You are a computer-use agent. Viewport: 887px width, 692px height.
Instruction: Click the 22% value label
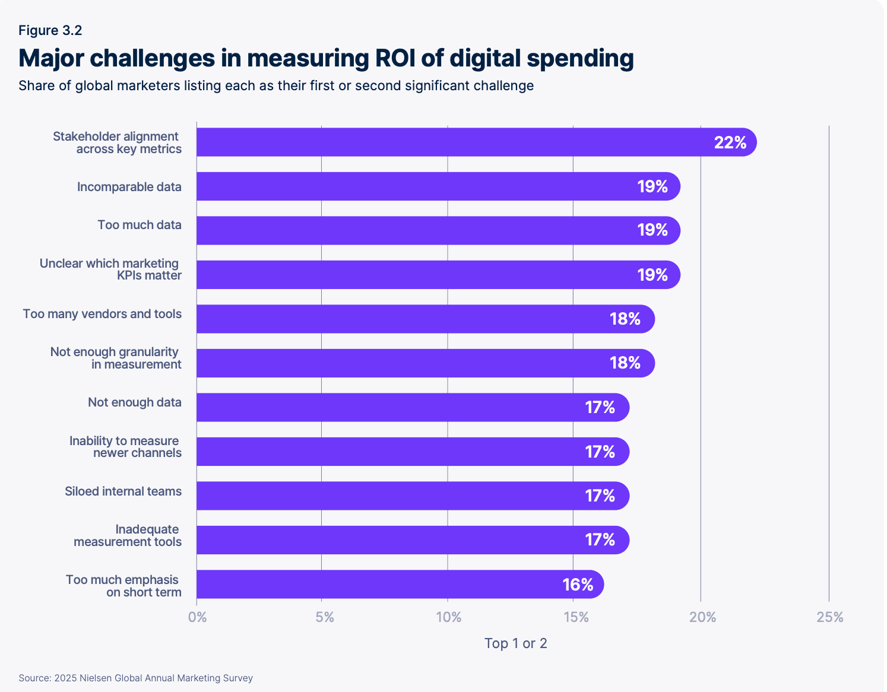click(730, 142)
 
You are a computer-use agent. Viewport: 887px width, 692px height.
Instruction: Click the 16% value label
click(578, 585)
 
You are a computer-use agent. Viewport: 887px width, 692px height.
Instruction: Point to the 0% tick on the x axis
click(197, 617)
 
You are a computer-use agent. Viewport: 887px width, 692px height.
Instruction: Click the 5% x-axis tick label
click(324, 617)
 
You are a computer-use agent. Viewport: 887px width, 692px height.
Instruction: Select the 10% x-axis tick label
click(448, 617)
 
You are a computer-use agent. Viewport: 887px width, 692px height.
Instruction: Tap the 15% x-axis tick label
click(576, 617)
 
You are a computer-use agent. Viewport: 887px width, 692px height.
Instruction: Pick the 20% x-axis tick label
click(702, 617)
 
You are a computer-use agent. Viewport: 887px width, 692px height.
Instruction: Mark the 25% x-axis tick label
click(829, 617)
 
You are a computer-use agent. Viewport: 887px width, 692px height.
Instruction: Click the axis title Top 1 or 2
click(515, 643)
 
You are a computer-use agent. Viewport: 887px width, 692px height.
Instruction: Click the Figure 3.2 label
click(50, 31)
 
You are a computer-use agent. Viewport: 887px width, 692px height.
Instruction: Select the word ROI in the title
click(395, 58)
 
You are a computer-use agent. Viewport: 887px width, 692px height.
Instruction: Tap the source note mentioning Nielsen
click(135, 678)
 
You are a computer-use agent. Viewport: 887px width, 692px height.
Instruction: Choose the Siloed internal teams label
click(123, 491)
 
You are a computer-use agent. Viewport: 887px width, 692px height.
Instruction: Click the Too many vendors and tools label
click(102, 314)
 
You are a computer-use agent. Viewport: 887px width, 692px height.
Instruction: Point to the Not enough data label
click(134, 402)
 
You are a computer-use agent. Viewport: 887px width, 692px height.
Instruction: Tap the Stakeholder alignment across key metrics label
click(117, 142)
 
